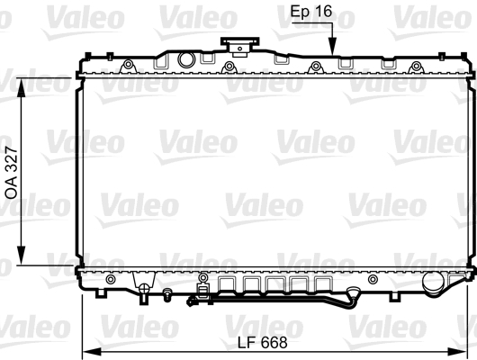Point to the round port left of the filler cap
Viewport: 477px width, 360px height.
click(x=186, y=60)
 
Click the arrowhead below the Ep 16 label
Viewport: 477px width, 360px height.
click(x=331, y=51)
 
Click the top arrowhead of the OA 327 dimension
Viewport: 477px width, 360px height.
click(x=22, y=81)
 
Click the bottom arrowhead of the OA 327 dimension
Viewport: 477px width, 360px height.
click(x=22, y=262)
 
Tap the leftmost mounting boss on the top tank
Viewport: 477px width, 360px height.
click(x=129, y=66)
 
